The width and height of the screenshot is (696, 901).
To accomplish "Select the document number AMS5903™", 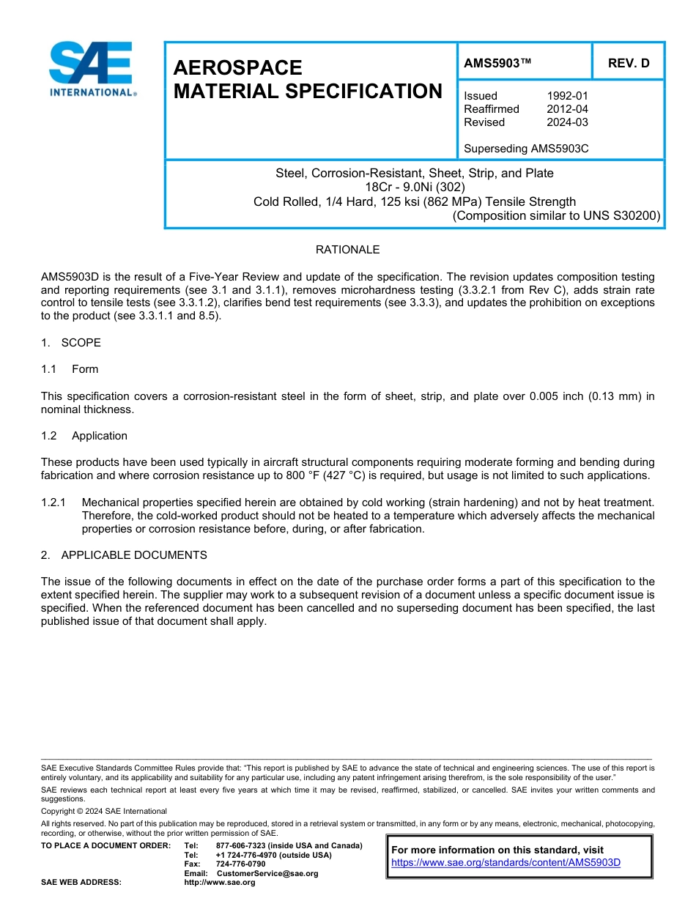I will [497, 63].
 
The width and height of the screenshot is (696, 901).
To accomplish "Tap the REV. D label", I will [629, 63].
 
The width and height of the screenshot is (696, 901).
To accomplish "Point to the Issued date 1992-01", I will [567, 96].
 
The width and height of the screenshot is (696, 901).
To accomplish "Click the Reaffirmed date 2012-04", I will [567, 109].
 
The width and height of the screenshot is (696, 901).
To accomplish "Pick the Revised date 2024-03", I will [567, 122].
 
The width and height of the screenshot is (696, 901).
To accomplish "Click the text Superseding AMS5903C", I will [526, 149].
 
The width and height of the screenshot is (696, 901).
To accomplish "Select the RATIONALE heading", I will [347, 250].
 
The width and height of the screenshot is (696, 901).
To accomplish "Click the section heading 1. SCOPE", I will [71, 343].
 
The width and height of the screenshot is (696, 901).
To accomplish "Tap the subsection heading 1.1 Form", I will [70, 369].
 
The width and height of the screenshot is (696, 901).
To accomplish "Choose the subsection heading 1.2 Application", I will [84, 436].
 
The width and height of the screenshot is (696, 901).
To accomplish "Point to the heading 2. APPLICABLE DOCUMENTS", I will [124, 555].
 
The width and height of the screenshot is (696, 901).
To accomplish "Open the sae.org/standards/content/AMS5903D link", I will [506, 862].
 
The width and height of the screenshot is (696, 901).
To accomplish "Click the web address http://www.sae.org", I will [220, 883].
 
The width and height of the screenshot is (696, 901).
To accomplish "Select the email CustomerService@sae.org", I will [267, 873].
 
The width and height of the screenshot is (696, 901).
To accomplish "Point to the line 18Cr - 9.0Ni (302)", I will [414, 187].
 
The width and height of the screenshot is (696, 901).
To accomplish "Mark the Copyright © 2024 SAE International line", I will [104, 811].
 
